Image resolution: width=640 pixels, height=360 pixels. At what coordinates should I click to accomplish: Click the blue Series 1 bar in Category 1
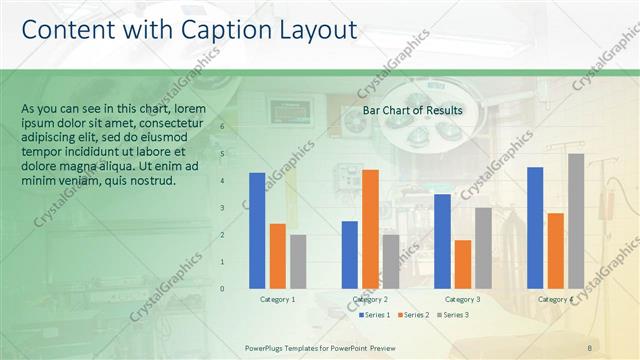pyautogui.click(x=257, y=230)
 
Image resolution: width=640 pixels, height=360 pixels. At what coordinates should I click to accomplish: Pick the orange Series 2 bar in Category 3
pyautogui.click(x=463, y=263)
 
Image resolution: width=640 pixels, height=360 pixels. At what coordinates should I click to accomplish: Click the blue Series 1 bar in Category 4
pyautogui.click(x=535, y=227)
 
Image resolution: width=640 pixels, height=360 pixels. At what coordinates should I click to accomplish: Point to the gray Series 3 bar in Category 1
pyautogui.click(x=298, y=261)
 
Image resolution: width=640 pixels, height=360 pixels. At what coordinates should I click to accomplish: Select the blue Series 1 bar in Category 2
pyautogui.click(x=349, y=254)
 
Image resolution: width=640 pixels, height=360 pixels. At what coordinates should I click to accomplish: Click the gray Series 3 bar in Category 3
pyautogui.click(x=483, y=247)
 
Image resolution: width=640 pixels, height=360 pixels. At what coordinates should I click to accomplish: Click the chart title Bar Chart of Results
pyautogui.click(x=412, y=110)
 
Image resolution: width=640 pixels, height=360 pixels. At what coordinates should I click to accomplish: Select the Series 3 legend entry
pyautogui.click(x=451, y=315)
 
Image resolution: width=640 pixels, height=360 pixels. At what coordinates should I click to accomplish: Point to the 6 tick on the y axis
pyautogui.click(x=236, y=127)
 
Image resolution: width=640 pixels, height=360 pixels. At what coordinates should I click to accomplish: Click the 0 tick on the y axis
pyautogui.click(x=236, y=288)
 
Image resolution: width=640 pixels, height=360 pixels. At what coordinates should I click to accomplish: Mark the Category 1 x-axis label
pyautogui.click(x=278, y=299)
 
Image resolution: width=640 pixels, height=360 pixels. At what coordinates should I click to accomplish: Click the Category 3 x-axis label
pyautogui.click(x=462, y=299)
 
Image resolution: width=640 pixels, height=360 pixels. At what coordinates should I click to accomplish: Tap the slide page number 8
pyautogui.click(x=590, y=347)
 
